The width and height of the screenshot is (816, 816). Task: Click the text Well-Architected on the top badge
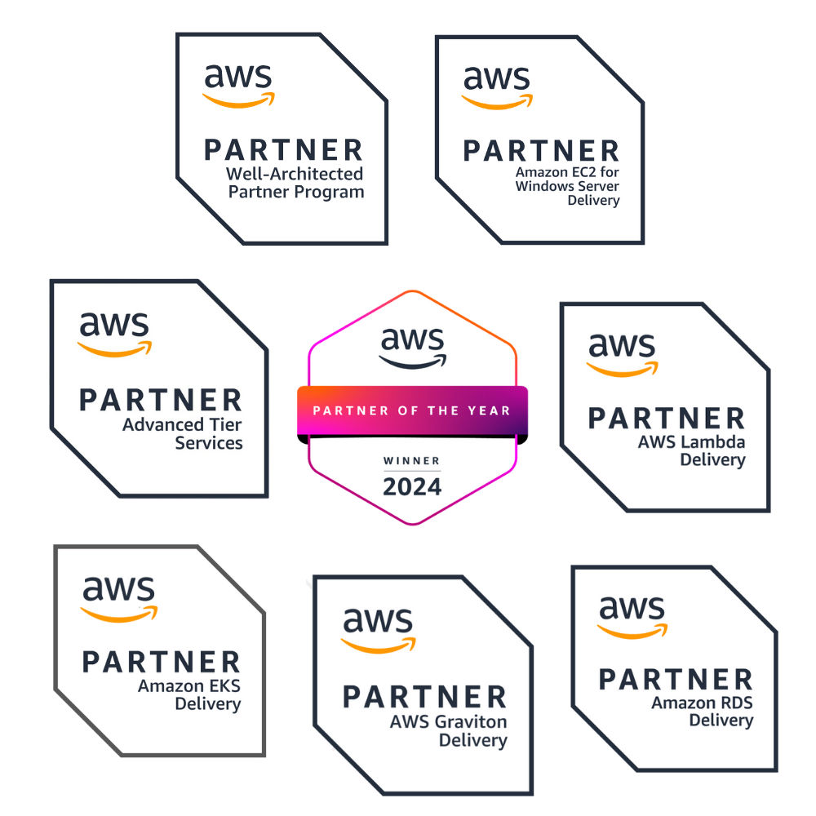tap(295, 173)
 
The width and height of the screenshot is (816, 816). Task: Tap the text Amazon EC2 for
tap(567, 171)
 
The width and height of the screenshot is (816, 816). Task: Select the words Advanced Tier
tap(182, 424)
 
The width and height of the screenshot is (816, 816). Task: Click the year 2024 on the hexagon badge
tap(412, 487)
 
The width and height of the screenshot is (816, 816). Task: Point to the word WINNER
tap(411, 460)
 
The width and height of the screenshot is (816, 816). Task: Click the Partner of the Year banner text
tap(411, 410)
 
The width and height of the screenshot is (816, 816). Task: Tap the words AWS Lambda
tap(692, 441)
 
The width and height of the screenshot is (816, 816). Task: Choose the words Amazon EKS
tap(189, 686)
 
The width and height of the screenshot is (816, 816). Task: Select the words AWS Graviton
tap(449, 722)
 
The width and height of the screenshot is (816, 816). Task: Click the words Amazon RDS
tap(702, 703)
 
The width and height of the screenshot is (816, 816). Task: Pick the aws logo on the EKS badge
tap(119, 599)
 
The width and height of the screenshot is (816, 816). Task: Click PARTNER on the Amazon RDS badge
tap(676, 679)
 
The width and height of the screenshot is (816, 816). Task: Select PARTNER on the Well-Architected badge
tap(284, 150)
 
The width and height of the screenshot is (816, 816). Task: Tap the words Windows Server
tap(567, 186)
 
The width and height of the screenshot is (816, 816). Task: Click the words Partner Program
tap(296, 192)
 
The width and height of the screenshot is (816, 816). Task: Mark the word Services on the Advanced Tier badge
tap(209, 443)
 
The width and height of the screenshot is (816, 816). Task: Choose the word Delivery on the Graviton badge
tap(473, 741)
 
